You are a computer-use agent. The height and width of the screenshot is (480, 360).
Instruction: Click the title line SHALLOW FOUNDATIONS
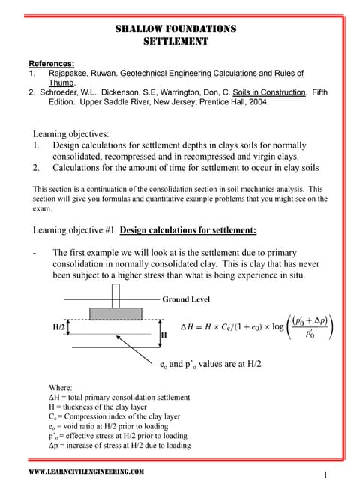(x=175, y=29)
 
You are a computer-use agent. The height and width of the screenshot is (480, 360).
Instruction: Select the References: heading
(x=51, y=63)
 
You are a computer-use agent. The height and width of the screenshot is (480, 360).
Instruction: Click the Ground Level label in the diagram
(x=186, y=298)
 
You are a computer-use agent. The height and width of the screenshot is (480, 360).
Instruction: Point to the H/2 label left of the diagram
(x=58, y=328)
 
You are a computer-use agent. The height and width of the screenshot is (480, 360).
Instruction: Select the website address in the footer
(x=86, y=471)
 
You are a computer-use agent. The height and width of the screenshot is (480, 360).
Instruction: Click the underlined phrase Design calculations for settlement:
(x=188, y=229)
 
